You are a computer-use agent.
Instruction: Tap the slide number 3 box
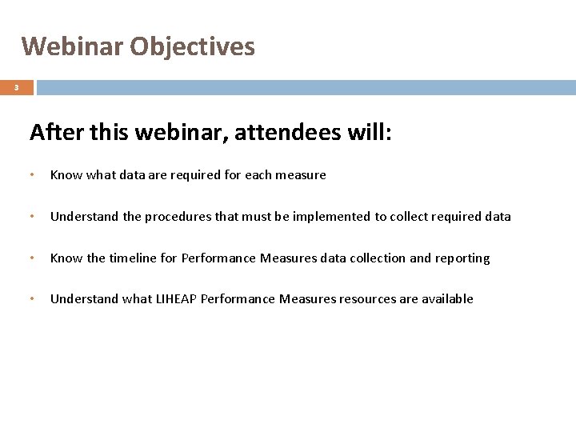[16, 88]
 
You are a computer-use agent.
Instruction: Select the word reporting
[462, 258]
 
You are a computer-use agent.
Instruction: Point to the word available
[446, 299]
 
